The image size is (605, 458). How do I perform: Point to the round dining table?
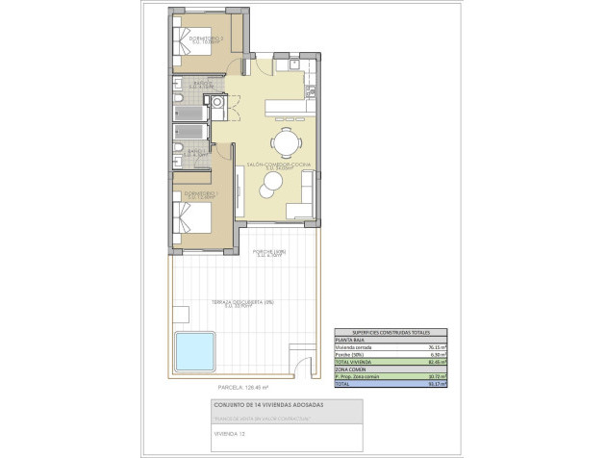tap(285, 142)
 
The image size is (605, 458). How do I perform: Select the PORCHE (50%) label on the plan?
tap(271, 253)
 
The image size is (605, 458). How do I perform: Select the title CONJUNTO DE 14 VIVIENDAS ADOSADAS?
tap(268, 406)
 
